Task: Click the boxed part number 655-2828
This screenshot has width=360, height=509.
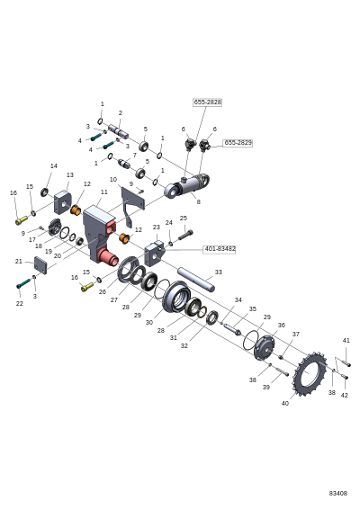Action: (x=208, y=103)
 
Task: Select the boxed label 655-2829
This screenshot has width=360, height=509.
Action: (x=238, y=143)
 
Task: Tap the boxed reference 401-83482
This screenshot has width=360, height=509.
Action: (x=220, y=249)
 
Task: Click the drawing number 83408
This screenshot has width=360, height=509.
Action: (x=337, y=493)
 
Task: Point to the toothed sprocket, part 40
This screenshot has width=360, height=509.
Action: (x=310, y=373)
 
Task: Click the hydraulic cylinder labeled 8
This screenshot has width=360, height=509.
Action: (x=187, y=186)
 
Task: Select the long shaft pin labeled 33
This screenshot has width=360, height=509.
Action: (x=196, y=279)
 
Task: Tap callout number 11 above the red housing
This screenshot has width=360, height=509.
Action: (x=104, y=192)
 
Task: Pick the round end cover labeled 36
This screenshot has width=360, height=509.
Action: (x=265, y=348)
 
